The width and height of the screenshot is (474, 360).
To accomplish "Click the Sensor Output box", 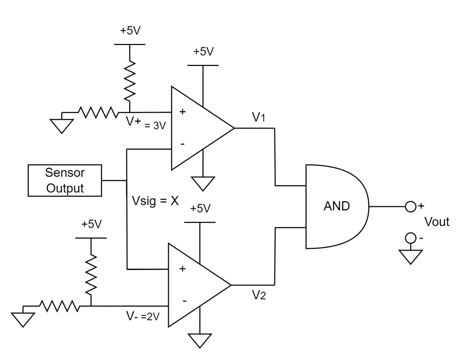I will click(x=65, y=180).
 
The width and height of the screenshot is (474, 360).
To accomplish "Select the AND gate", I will click(x=337, y=206).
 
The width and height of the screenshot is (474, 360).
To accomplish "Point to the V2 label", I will click(x=259, y=294).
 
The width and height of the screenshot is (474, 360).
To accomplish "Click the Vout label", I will click(x=437, y=222).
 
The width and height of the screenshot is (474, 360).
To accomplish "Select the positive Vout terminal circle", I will click(x=411, y=206).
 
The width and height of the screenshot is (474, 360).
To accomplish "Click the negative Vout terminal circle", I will click(x=411, y=239).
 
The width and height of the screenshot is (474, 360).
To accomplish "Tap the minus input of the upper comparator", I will click(x=183, y=144).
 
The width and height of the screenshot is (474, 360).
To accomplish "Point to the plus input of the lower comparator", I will click(x=183, y=269).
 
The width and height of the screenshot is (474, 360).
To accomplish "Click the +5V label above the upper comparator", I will click(x=203, y=51).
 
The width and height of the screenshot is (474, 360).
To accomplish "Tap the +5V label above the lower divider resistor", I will click(x=91, y=224).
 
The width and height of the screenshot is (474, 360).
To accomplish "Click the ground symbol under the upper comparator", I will click(x=202, y=184).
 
